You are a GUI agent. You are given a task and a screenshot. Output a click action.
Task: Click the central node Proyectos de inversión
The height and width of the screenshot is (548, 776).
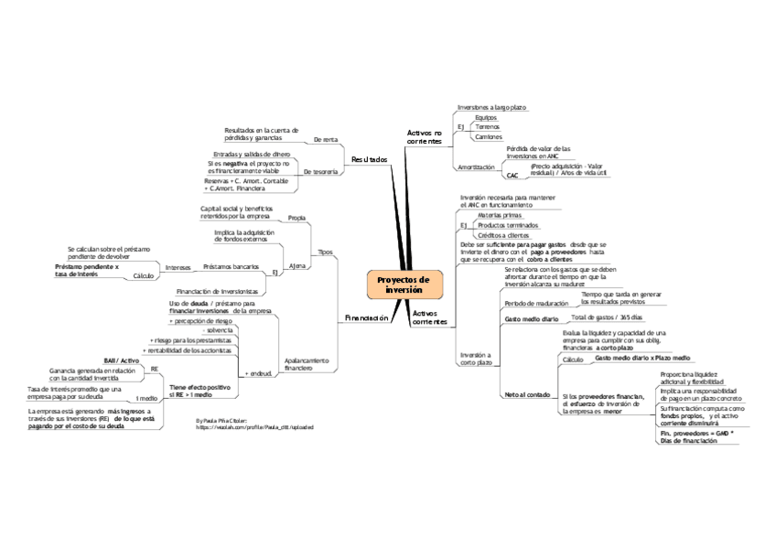[x=404, y=284]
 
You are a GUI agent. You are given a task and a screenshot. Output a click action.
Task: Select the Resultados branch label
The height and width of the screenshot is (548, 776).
[x=369, y=160]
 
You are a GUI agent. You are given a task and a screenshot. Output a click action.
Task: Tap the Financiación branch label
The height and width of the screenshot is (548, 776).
[x=366, y=318]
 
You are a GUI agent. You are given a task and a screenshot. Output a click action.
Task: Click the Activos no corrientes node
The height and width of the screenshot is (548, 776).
[x=424, y=138]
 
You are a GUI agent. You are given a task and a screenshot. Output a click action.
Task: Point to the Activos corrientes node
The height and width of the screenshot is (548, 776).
[x=429, y=317]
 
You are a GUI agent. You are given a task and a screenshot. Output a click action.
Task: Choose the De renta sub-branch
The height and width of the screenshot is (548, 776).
[x=325, y=140]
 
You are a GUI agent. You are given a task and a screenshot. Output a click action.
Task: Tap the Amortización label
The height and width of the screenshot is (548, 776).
[x=476, y=167]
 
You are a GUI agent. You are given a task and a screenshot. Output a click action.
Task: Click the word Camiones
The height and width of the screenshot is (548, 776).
[x=488, y=137]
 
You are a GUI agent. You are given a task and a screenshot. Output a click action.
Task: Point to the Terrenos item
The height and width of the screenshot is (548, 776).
[x=487, y=127]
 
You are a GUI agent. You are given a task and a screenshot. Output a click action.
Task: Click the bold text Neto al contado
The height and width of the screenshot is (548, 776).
[x=527, y=394]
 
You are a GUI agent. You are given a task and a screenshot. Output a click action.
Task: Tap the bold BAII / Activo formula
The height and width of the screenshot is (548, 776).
[x=121, y=361]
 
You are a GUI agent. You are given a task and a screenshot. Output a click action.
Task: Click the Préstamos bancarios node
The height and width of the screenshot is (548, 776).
[x=231, y=267]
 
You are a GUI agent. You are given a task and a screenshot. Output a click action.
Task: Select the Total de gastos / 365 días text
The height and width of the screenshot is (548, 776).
[x=607, y=317]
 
